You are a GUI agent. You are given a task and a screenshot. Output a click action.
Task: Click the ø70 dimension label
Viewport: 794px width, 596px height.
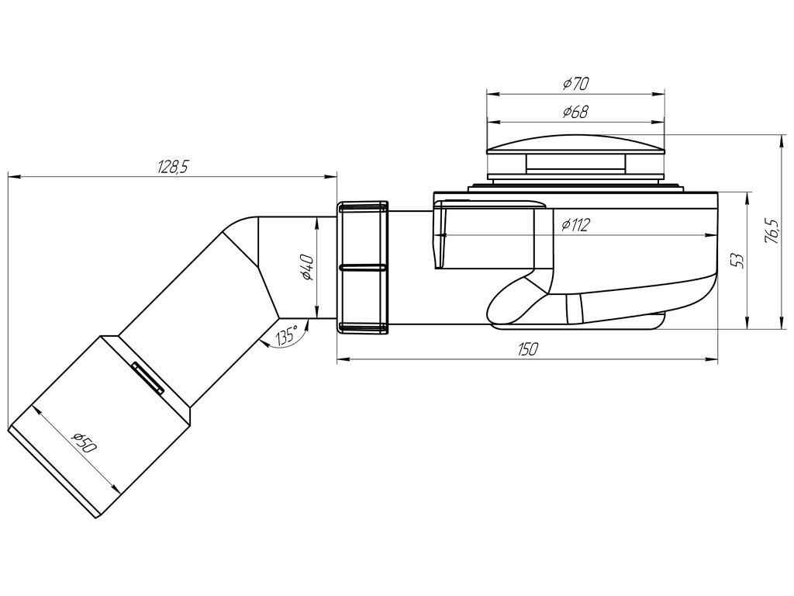click(x=576, y=83)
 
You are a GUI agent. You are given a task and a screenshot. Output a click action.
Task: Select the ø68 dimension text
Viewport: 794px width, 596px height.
click(x=576, y=112)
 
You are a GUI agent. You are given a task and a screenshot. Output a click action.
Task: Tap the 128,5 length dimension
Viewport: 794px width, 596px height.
click(x=173, y=167)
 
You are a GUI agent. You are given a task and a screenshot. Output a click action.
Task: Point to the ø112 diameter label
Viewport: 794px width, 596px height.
click(x=576, y=224)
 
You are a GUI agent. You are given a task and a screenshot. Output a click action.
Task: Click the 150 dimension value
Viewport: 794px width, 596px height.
click(x=527, y=348)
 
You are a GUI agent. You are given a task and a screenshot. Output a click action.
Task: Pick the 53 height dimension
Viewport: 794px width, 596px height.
click(x=738, y=260)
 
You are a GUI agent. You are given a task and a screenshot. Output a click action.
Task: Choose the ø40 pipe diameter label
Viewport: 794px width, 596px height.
click(x=306, y=267)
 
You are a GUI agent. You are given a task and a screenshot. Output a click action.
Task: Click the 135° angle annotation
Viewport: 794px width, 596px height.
click(x=287, y=334)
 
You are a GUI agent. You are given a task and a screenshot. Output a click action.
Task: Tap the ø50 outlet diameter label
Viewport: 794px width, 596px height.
click(x=84, y=442)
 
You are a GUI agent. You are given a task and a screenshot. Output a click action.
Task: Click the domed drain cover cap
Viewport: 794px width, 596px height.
click(x=575, y=144)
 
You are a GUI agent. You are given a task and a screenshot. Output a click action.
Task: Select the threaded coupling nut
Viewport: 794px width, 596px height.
click(x=362, y=267)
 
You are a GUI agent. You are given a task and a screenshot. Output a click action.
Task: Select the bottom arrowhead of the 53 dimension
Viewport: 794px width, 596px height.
click(x=748, y=322)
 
